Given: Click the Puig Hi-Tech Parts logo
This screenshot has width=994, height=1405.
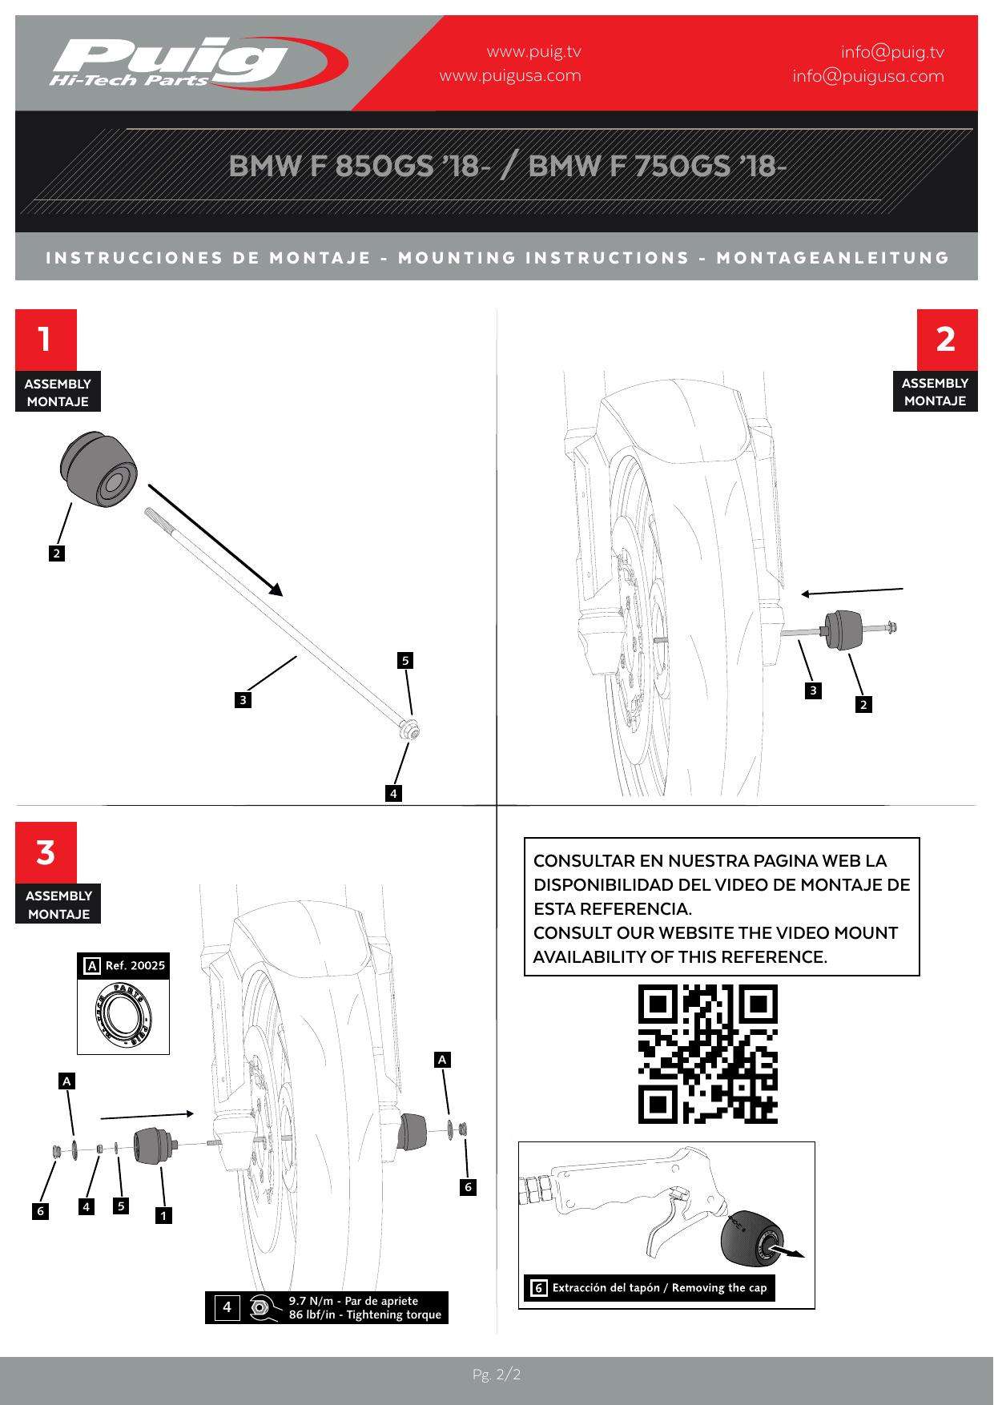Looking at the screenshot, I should point(196,62).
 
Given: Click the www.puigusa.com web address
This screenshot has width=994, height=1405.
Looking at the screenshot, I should point(510,76).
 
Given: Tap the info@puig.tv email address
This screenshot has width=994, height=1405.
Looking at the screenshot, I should point(892,52).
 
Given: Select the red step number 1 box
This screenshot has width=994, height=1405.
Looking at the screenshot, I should point(46,339).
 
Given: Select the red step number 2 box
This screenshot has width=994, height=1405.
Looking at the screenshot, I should point(946,339).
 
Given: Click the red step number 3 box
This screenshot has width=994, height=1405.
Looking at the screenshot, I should point(46,852).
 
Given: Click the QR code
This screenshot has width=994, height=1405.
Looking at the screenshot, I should point(707,1053).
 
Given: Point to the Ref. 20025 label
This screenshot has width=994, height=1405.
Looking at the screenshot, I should point(135,965).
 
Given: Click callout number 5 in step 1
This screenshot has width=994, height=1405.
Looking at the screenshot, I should point(406,661).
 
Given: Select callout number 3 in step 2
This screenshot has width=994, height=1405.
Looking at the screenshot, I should point(813,690).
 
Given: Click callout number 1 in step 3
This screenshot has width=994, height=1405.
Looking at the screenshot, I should point(163,1215).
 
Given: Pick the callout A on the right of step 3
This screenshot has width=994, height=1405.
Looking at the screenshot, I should point(442,1060).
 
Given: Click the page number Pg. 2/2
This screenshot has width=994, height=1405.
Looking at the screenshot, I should point(497,1375).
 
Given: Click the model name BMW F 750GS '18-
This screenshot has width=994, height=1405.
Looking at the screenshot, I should point(658,166).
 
